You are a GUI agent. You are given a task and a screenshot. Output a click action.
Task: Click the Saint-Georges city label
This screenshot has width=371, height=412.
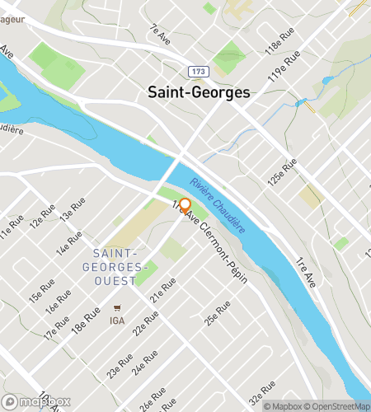coord(198,93)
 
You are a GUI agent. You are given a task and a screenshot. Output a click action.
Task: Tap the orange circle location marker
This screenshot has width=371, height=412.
coord(185,205)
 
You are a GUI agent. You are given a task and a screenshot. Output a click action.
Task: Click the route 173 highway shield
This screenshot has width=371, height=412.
coord(191,72)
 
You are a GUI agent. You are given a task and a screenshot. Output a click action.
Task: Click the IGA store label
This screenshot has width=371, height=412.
coord(117,321)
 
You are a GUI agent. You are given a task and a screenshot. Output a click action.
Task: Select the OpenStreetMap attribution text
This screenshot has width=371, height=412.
coord(340,405)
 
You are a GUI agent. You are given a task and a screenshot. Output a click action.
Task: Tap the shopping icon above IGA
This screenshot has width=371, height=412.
coord(117,309)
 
